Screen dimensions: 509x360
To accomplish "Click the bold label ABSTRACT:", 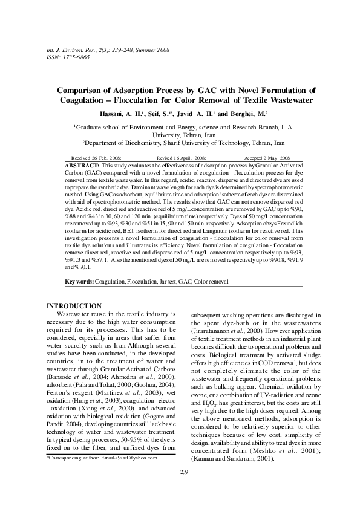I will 82,165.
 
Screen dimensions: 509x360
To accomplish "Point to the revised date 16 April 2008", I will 185,157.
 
